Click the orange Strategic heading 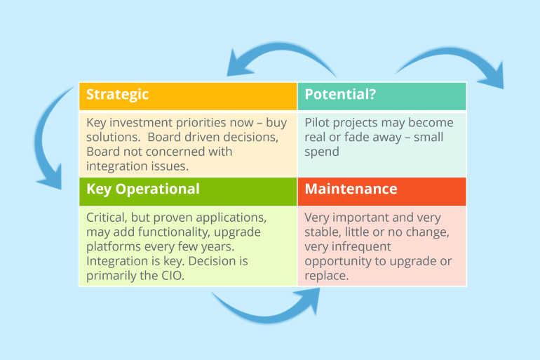(118, 94)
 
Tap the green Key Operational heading (143, 189)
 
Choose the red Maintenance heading (351, 189)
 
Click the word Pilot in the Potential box (318, 122)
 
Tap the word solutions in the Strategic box (113, 137)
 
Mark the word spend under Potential (322, 152)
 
